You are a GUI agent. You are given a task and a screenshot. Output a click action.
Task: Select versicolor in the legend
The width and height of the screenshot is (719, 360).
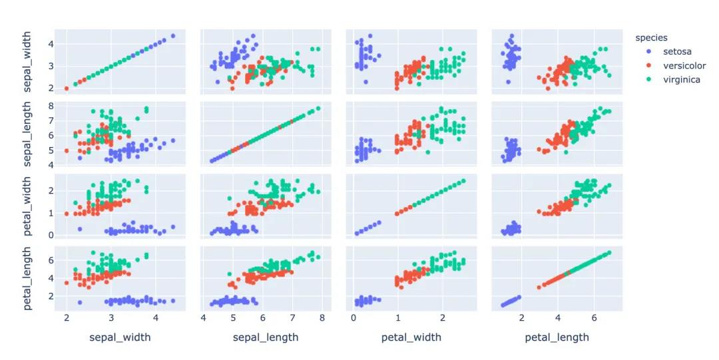(x=684, y=66)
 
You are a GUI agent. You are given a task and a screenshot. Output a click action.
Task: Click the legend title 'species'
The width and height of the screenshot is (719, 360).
(x=651, y=37)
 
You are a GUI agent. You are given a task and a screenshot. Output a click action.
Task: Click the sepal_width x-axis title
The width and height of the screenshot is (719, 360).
(x=120, y=337)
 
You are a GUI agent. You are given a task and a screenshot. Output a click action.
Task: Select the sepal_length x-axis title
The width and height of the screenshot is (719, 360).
(x=264, y=337)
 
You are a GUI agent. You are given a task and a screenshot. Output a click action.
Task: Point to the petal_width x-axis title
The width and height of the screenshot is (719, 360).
(x=411, y=337)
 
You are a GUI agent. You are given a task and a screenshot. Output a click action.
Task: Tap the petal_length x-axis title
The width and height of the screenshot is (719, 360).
(x=557, y=337)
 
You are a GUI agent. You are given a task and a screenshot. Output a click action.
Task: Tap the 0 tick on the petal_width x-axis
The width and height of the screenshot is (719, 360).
(x=353, y=319)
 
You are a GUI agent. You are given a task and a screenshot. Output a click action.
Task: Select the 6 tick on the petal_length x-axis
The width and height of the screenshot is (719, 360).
(x=594, y=319)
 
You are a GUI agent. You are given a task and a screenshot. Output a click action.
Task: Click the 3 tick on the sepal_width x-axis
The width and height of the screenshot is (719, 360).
(x=111, y=319)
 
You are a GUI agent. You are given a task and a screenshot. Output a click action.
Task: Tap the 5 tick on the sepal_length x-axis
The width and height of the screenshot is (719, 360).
(x=233, y=319)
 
